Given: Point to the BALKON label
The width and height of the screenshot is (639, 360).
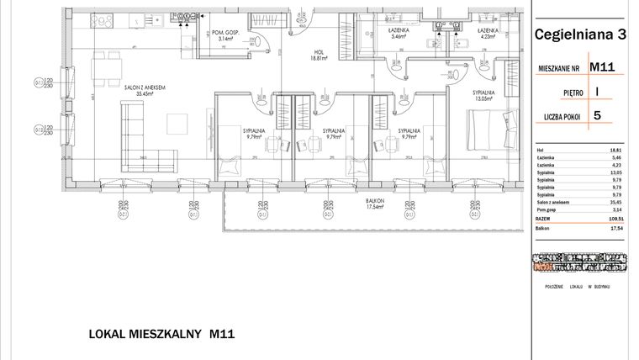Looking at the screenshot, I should coord(375,202).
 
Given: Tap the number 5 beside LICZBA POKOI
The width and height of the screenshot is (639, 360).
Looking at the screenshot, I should coord(597,116).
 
